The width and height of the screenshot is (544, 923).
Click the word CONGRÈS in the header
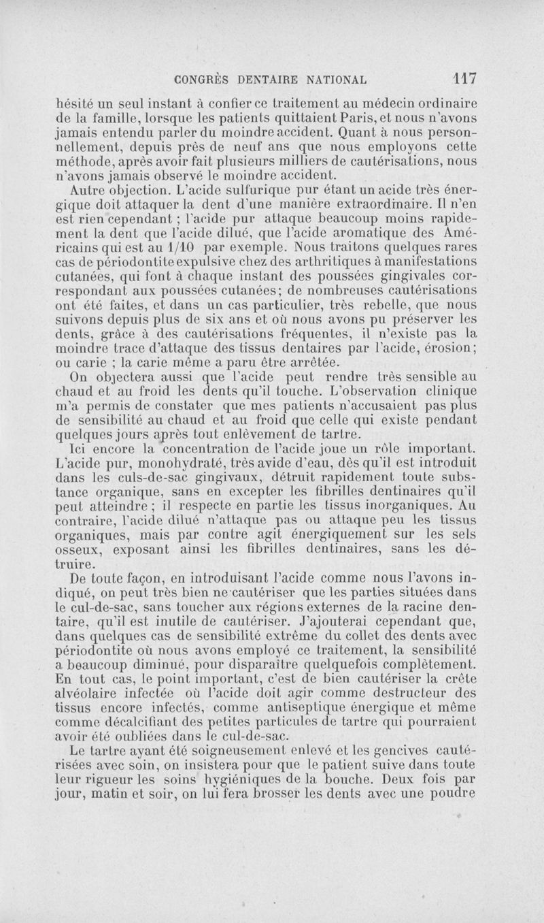click(x=201, y=79)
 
